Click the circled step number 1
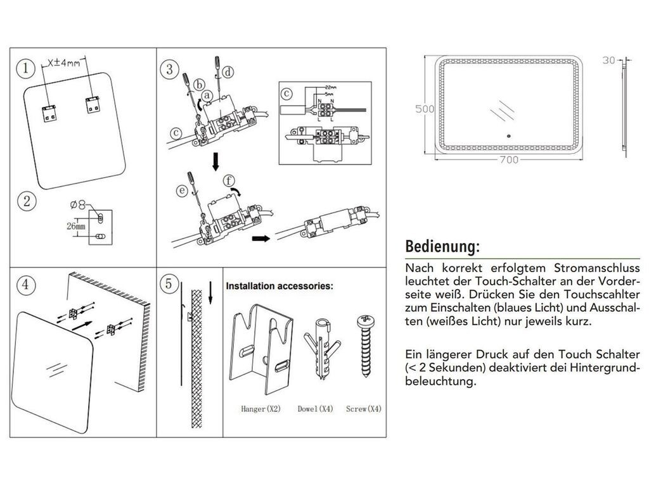coord(25,68)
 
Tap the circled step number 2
coord(26,202)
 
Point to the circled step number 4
coord(25,284)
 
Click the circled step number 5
coord(168,284)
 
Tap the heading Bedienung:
coord(442,245)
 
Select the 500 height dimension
coord(424,108)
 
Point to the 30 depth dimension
coord(609,61)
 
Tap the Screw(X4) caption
coord(364,409)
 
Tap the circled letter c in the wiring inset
coord(287,93)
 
